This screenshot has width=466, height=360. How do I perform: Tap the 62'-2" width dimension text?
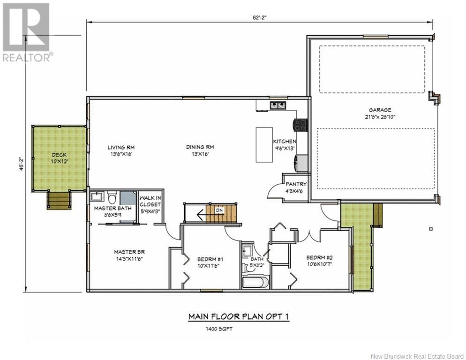(x=260, y=17)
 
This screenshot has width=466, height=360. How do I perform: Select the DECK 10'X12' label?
(x=60, y=158)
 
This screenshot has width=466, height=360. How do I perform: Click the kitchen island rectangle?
(x=264, y=145)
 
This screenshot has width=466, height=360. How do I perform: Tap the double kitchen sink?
(x=278, y=105)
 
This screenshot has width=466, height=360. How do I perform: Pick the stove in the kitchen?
(x=300, y=125)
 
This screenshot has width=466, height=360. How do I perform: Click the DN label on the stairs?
(x=219, y=210)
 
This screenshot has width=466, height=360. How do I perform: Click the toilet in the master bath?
(x=112, y=197)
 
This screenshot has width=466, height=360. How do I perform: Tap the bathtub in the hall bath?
(x=256, y=282)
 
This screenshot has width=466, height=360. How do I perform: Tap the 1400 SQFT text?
(x=219, y=329)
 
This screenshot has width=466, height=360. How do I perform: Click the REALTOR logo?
(x=26, y=32)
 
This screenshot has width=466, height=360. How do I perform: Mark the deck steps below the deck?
(x=59, y=200)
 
